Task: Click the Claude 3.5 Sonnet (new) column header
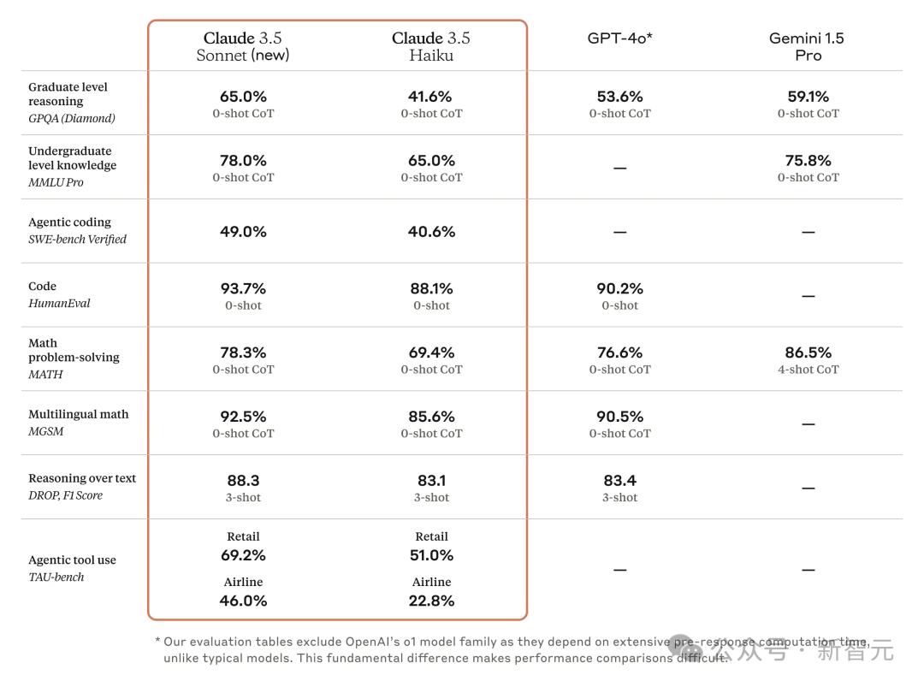243,46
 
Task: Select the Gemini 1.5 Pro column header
808,46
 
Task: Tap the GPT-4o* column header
619,38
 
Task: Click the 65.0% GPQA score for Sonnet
243,97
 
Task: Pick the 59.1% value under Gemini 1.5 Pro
808,97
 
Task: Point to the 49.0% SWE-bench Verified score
243,232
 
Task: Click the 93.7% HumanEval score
243,289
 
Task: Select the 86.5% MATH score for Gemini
808,352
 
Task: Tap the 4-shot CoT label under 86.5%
808,370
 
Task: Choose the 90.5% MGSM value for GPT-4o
619,417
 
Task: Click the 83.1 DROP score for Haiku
431,481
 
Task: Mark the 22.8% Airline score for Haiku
431,601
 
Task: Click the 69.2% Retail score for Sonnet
243,555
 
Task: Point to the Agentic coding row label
69,222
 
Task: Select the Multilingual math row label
78,414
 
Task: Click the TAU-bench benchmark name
56,577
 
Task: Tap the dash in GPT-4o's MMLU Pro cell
619,169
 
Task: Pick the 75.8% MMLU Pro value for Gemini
808,161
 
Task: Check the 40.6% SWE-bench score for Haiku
431,232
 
